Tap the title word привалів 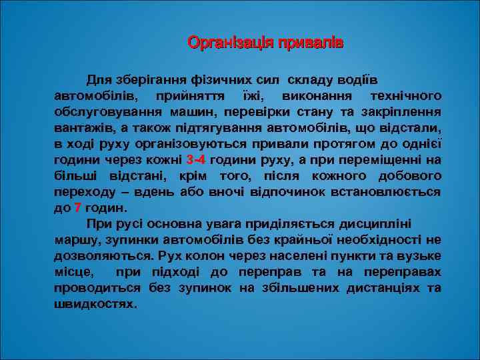click(x=309, y=43)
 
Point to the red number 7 click(x=78, y=208)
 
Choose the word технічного click(x=404, y=96)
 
